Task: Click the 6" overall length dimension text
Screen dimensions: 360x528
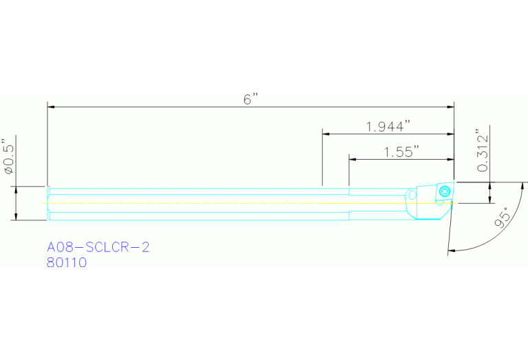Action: tap(249, 98)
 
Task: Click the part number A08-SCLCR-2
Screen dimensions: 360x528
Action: tap(98, 247)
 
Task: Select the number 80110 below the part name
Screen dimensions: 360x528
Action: tap(67, 262)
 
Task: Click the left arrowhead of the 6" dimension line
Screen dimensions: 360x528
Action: tap(51, 107)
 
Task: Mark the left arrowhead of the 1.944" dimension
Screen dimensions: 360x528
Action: tap(326, 134)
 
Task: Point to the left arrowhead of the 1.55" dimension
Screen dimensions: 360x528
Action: tap(352, 159)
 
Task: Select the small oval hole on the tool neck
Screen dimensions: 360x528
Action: tap(411, 194)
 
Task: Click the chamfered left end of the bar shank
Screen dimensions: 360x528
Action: tap(49, 204)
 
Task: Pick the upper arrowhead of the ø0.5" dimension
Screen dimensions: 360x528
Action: tap(14, 189)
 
